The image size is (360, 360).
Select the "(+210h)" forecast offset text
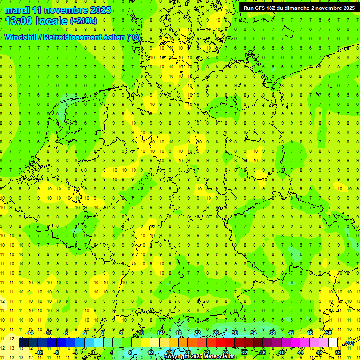[x=83, y=21]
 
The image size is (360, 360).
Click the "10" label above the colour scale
[x=141, y=333]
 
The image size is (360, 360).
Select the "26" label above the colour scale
[x=216, y=333]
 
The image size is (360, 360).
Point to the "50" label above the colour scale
[x=329, y=333]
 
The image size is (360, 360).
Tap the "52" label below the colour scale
[x=338, y=352]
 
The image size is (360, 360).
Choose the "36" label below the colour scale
[x=263, y=352]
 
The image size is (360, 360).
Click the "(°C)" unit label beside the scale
[x=348, y=344]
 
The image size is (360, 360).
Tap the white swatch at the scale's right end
[x=333, y=343]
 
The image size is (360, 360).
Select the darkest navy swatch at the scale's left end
[x=23, y=343]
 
